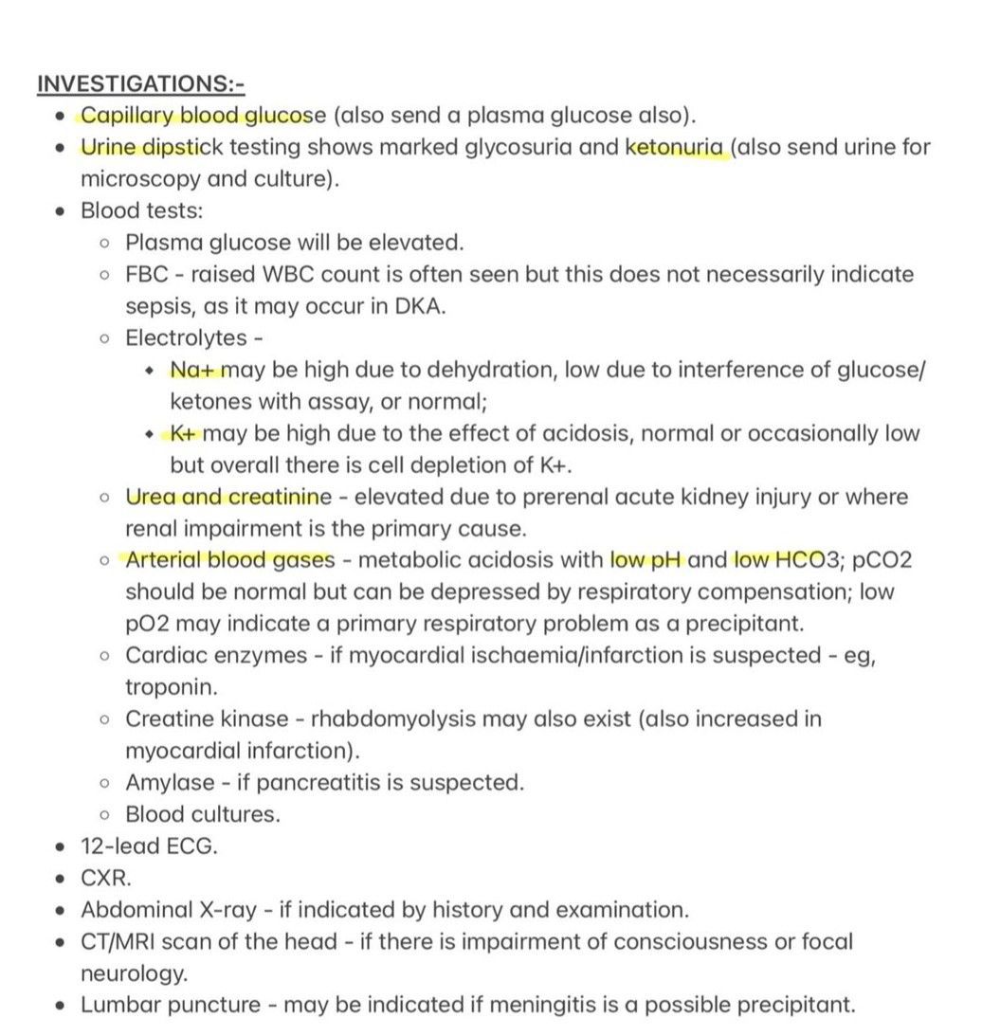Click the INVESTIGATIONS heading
[x=140, y=84]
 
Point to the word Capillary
[x=124, y=117]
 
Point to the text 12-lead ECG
[x=149, y=846]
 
